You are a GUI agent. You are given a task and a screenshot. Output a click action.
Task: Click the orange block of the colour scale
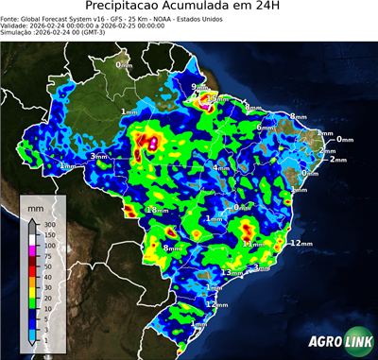[x=32, y=279]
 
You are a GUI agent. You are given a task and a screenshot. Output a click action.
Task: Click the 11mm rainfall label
[x=252, y=243]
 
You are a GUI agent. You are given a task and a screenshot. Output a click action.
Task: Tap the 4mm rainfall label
[x=219, y=168]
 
